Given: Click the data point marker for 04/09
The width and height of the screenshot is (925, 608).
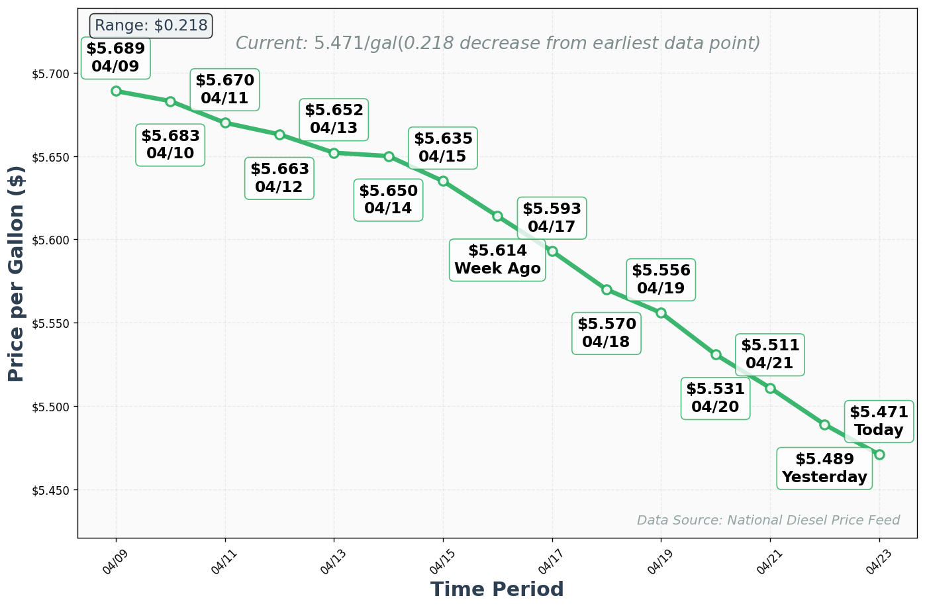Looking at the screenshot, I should coord(116,91).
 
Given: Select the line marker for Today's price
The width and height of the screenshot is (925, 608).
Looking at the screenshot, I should coord(879,454).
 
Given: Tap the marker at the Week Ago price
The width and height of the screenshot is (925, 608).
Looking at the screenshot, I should coord(497,216).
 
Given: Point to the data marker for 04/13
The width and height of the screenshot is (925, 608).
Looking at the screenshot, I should coord(334,153).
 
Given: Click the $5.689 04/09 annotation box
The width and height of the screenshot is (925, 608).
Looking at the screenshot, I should coord(116,58).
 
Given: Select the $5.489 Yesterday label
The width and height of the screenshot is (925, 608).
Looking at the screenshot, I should coord(824,468).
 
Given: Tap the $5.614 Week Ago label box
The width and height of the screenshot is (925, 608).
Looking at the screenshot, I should coord(497,260).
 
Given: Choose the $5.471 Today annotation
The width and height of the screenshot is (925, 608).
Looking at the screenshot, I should coord(879,421).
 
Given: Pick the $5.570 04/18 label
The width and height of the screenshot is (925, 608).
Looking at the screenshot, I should coord(607,333).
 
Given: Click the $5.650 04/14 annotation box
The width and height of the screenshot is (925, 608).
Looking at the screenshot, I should coord(389,199).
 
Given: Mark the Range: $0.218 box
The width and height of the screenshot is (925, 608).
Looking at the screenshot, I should coord(151,26).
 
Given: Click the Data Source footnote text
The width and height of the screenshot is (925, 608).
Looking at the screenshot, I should coord(768,521).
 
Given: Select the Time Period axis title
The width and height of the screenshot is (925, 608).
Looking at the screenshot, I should coord(497,589).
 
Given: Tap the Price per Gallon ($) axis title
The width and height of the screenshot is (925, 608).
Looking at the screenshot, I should coord(17,274).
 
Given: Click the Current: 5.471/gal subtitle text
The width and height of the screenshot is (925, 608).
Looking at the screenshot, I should coord(498,44).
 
